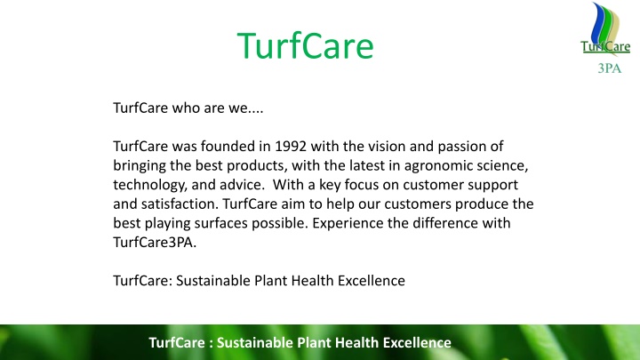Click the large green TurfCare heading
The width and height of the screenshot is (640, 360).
(x=305, y=45)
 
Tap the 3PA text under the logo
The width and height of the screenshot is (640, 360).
(x=610, y=68)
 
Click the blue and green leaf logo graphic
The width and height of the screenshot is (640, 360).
(x=605, y=25)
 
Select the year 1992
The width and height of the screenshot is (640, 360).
(x=291, y=146)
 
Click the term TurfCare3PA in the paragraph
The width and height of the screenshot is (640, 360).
(x=155, y=242)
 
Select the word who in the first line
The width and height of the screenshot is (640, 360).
(x=185, y=108)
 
